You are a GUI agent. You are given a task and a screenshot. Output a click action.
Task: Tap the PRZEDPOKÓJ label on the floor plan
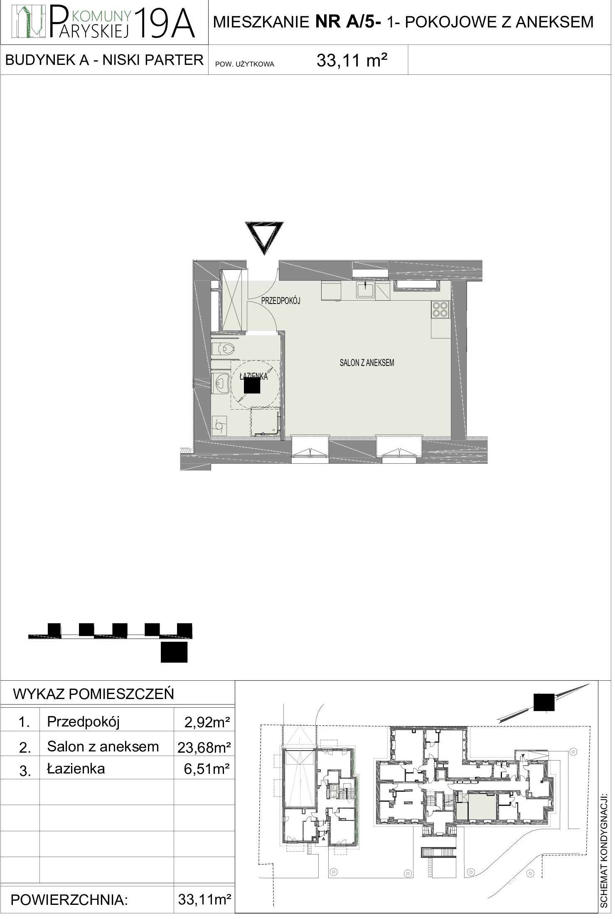click(x=280, y=301)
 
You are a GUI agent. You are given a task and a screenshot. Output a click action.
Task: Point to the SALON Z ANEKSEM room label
click(x=367, y=363)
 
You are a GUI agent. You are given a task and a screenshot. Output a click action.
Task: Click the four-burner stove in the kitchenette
click(x=440, y=309)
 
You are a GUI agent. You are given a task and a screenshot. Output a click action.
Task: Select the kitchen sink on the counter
click(x=365, y=290)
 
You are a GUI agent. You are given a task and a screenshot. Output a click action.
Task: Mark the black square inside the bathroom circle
click(x=252, y=385)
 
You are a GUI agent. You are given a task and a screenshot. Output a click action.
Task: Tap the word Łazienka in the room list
click(x=76, y=768)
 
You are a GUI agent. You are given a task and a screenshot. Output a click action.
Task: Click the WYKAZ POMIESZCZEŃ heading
click(x=93, y=694)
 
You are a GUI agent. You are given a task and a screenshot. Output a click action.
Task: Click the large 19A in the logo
click(x=165, y=24)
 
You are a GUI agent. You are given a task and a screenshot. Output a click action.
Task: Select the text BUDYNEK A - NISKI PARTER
click(x=104, y=60)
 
